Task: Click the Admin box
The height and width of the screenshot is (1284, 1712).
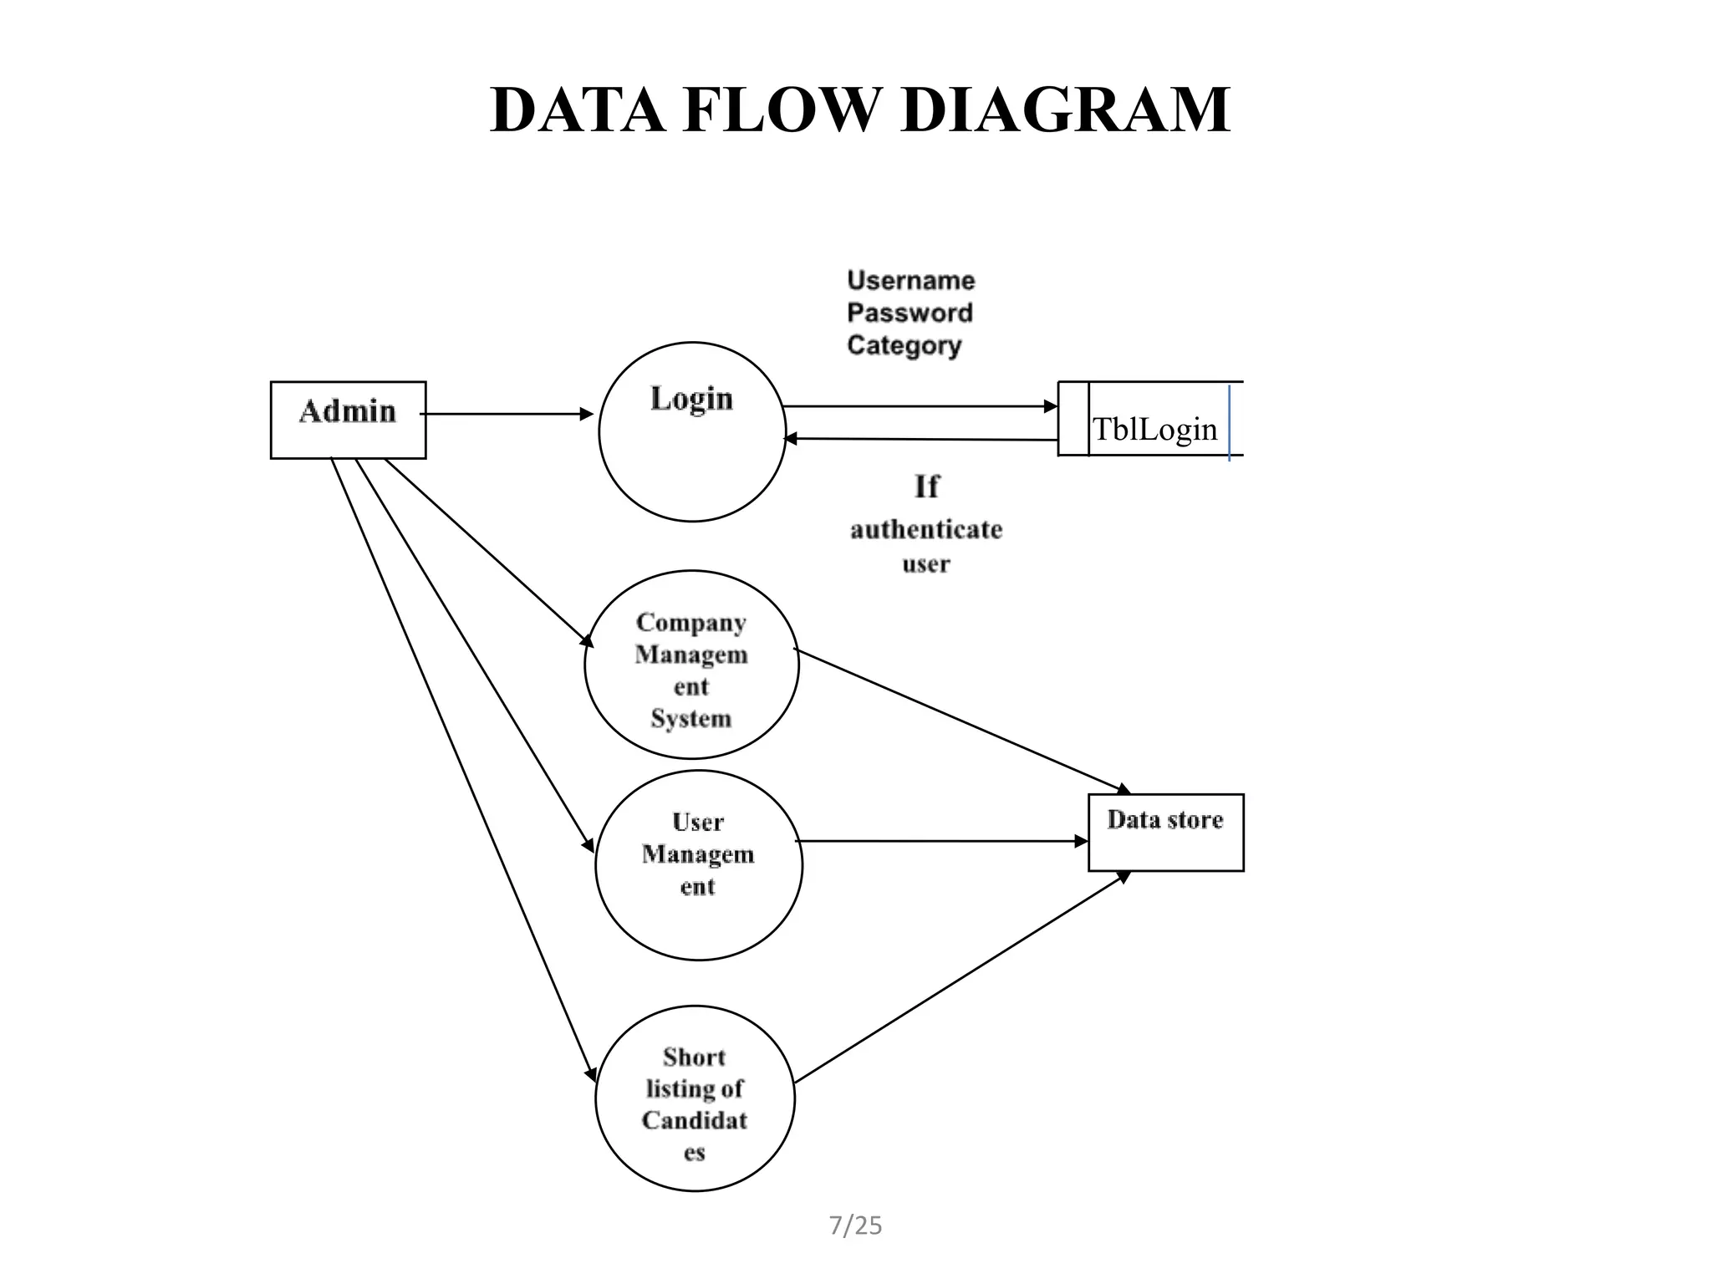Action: click(348, 420)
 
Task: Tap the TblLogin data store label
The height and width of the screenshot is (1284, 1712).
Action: click(1154, 430)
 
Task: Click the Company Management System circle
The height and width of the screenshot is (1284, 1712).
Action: click(691, 665)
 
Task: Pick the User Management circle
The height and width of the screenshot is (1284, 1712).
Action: click(698, 864)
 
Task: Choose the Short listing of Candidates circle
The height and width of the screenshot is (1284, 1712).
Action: click(695, 1098)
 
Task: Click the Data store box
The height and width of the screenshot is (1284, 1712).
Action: click(1165, 833)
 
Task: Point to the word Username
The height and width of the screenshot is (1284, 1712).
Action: click(910, 280)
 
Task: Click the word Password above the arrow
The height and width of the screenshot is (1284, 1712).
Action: click(909, 313)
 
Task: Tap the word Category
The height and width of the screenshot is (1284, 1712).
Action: click(904, 345)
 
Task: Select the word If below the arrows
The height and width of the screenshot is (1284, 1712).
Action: click(926, 487)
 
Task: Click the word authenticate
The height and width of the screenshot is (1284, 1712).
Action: click(926, 529)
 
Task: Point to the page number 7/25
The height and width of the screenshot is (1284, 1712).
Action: click(855, 1225)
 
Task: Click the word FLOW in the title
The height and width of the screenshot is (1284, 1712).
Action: click(783, 110)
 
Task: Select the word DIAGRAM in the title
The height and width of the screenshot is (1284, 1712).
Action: click(1066, 110)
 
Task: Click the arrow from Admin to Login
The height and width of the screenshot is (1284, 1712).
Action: click(507, 414)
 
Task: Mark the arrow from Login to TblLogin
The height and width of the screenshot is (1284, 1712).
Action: click(920, 407)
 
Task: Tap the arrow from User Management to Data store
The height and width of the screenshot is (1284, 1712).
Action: click(940, 841)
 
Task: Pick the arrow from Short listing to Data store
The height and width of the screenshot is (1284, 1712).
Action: click(961, 977)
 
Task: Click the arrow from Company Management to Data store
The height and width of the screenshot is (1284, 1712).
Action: click(961, 720)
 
